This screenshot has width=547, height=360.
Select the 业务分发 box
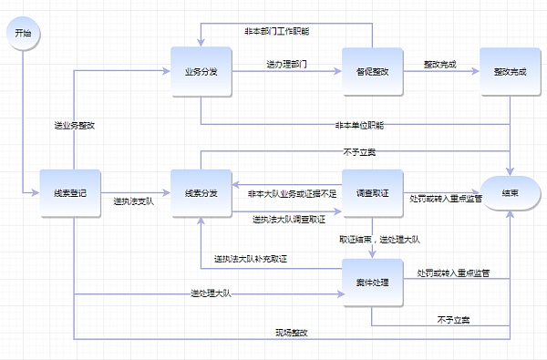tap(201, 70)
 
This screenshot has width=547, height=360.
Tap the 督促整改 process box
tap(372, 70)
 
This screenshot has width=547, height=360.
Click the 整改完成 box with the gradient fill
tap(510, 70)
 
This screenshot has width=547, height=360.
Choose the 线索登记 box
tap(69, 193)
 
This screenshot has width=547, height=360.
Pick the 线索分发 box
tap(201, 193)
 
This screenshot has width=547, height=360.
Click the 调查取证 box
tap(372, 193)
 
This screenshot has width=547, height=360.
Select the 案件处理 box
tap(372, 283)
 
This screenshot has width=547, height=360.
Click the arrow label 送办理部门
tap(286, 65)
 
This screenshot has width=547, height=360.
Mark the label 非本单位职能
tap(359, 124)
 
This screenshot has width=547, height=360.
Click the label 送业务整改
tap(74, 125)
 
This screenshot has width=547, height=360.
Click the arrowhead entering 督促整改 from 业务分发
tap(338, 70)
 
